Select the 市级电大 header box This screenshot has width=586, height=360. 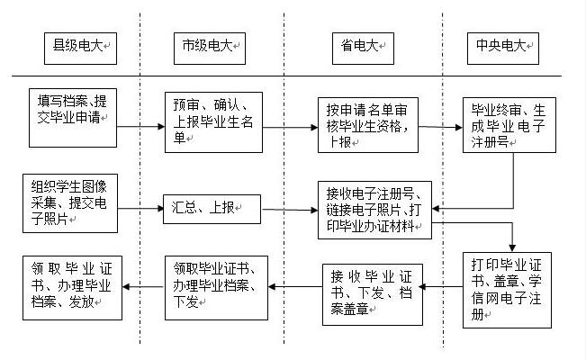[209, 45]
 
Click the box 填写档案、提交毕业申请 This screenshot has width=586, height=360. [72, 117]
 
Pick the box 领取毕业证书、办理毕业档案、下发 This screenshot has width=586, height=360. [216, 287]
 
